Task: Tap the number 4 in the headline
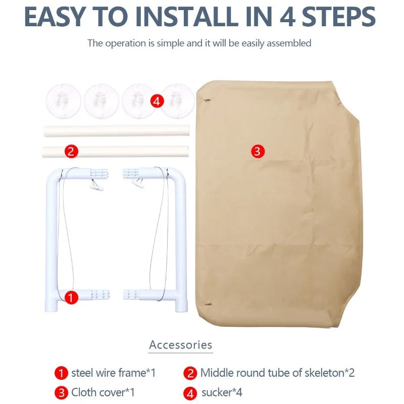click(287, 17)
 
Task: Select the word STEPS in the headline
click(339, 17)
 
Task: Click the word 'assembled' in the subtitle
click(289, 43)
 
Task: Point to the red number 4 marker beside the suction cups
click(157, 102)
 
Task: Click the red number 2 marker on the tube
click(71, 151)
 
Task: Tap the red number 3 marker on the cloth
click(258, 151)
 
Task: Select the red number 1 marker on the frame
click(71, 297)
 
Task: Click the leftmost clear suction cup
click(64, 102)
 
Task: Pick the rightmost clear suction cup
click(177, 102)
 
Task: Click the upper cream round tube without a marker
click(117, 130)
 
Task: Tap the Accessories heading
click(181, 345)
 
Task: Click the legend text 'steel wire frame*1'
click(113, 373)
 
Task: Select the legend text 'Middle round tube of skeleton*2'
click(277, 373)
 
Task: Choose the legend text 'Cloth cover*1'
click(103, 392)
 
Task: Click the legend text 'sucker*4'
click(222, 393)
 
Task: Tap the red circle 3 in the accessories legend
click(61, 393)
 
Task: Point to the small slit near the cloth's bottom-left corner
click(208, 305)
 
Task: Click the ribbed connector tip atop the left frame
click(99, 173)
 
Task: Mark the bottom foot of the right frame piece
click(181, 307)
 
